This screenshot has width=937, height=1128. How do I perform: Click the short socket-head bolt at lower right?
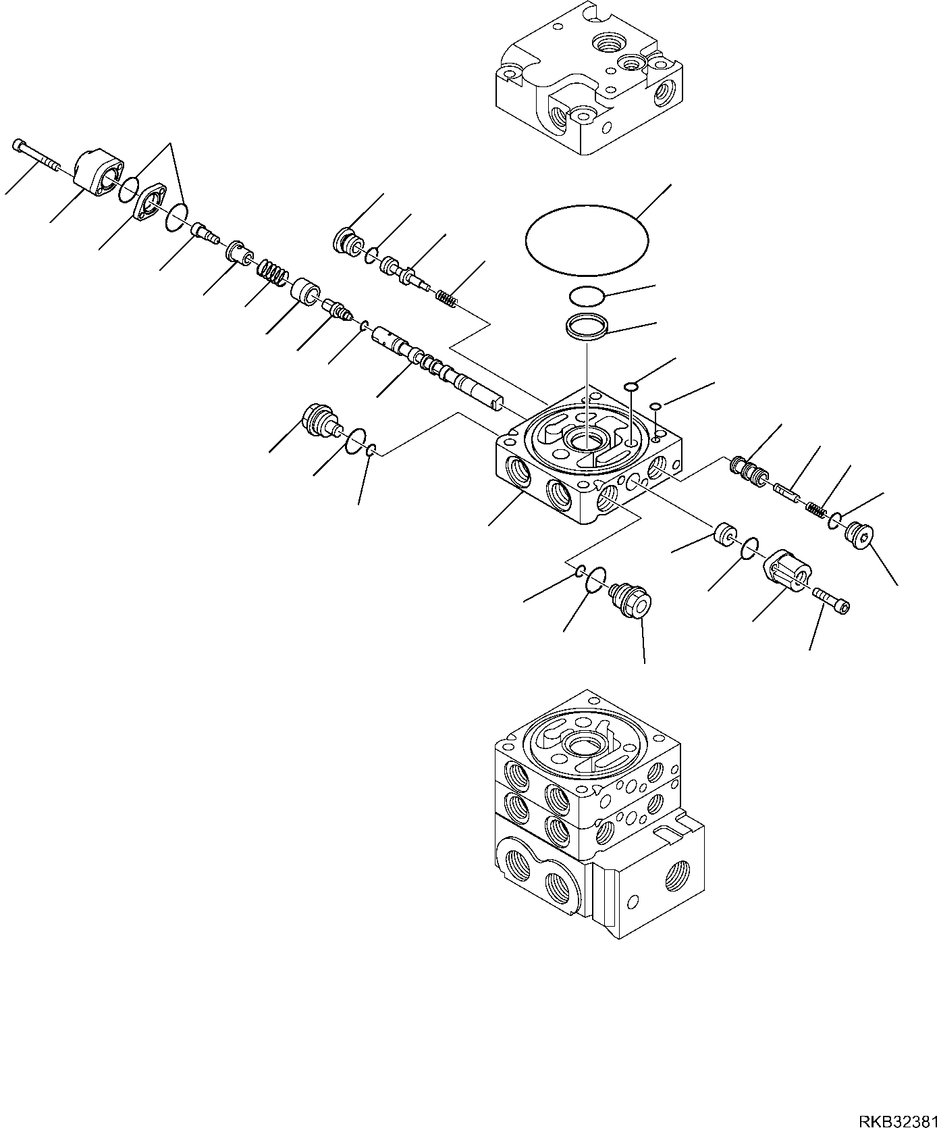coord(832,600)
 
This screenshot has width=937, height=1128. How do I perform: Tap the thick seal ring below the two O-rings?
coord(586,326)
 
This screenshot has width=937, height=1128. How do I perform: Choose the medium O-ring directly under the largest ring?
coord(585,296)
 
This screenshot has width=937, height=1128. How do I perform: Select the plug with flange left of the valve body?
coord(318,419)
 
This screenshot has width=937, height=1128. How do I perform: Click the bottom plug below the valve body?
coord(629,599)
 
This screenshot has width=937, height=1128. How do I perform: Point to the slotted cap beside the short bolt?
coord(786,569)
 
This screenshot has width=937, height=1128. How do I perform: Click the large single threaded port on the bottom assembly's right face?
coord(677,877)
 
